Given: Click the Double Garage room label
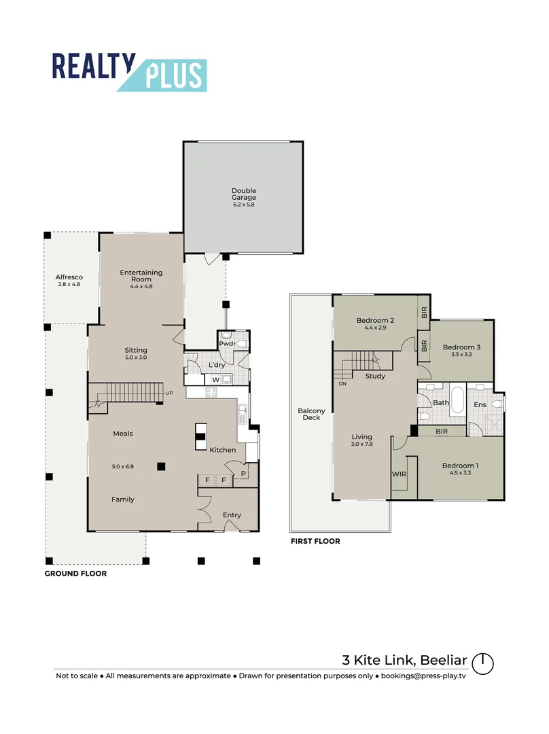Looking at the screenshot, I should [x=243, y=194].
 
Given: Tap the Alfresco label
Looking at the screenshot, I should [x=69, y=277].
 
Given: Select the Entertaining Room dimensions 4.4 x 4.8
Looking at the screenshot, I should [x=141, y=287].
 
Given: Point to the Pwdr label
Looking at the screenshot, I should [x=227, y=345].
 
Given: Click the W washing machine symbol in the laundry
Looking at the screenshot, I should [x=215, y=379].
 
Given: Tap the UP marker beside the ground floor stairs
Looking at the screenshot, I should [x=170, y=394].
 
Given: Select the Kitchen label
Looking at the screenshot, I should [x=222, y=450].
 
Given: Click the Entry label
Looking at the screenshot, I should [x=232, y=515].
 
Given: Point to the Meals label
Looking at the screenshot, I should [x=123, y=434].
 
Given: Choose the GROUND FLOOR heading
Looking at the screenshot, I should [x=75, y=574].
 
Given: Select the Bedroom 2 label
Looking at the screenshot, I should [x=375, y=320].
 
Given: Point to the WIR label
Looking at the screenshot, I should [x=398, y=473].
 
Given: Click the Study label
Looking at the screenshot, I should [x=375, y=376].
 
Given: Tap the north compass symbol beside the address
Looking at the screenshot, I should [x=482, y=663].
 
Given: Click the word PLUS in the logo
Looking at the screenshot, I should [x=173, y=75].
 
